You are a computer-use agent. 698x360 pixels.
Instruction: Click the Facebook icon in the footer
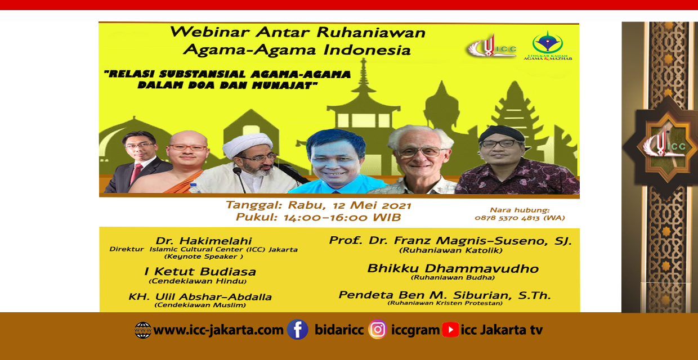[297, 330]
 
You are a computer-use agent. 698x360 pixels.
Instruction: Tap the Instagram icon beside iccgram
[377, 330]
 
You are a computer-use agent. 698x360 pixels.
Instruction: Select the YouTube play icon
[450, 330]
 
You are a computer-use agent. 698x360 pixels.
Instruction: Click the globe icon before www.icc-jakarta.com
[143, 330]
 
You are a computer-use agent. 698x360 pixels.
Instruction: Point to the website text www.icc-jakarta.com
[218, 330]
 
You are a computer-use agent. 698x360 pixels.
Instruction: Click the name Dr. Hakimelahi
[204, 241]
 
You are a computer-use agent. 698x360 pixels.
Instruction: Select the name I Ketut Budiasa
[200, 271]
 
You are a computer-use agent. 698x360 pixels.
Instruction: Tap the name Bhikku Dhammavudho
[453, 268]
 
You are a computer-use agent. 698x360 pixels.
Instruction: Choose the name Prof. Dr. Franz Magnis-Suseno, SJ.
[450, 241]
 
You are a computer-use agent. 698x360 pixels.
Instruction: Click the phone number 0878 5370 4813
[507, 218]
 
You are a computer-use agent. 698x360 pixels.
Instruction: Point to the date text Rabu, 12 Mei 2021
[350, 205]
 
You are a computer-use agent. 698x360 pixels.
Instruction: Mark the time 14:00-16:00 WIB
[342, 217]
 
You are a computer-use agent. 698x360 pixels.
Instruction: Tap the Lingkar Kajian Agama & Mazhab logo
[548, 46]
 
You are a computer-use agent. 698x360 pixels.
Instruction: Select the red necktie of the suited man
[136, 173]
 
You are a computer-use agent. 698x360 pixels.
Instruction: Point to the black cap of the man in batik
[502, 134]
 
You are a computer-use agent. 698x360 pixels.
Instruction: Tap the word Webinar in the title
[210, 31]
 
